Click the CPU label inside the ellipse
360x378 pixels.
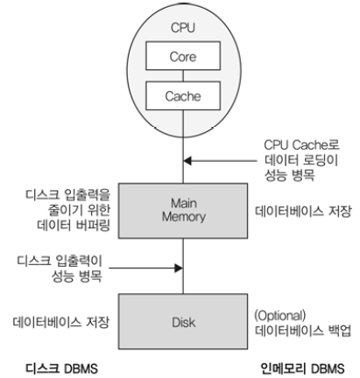[183, 28]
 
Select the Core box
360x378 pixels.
[183, 56]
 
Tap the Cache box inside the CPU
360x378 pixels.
[183, 95]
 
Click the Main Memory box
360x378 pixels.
[183, 211]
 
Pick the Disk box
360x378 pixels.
[183, 321]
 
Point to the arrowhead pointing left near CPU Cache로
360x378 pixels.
[187, 160]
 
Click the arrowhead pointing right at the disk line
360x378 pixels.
[179, 268]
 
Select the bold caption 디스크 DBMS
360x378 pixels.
[61, 368]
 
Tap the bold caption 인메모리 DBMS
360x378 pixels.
[302, 368]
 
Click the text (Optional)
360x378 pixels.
[280, 316]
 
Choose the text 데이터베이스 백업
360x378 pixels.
[303, 331]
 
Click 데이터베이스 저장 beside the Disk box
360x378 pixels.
[61, 322]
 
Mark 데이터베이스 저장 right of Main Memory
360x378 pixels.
[303, 211]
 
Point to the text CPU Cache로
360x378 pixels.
[301, 145]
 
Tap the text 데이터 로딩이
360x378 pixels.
[301, 160]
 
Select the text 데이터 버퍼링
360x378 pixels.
[74, 225]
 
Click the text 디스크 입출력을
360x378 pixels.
[67, 195]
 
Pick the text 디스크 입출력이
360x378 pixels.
[60, 261]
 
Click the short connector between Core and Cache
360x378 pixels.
[183, 76]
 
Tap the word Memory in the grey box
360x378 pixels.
[184, 217]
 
